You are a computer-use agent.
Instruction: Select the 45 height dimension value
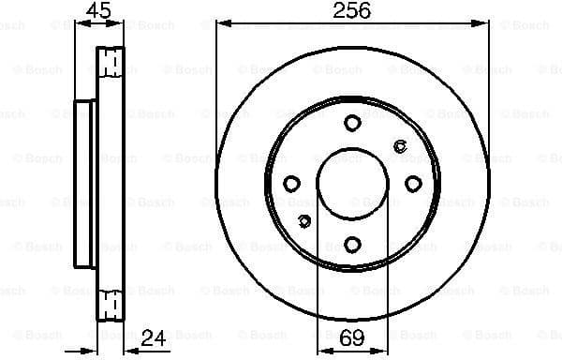click(x=98, y=11)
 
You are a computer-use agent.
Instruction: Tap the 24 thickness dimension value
click(x=153, y=337)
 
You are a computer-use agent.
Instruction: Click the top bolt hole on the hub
click(x=352, y=123)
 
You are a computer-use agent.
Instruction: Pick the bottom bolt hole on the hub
click(x=352, y=245)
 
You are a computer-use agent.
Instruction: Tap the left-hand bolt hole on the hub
click(x=291, y=184)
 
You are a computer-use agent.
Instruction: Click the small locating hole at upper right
click(x=401, y=145)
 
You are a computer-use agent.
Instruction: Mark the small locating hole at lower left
click(x=303, y=221)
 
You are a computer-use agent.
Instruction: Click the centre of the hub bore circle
click(x=352, y=184)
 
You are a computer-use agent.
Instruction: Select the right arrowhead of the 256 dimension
click(x=484, y=23)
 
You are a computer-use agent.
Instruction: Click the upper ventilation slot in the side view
click(x=111, y=63)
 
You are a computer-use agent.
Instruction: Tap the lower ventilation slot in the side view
click(x=111, y=305)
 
